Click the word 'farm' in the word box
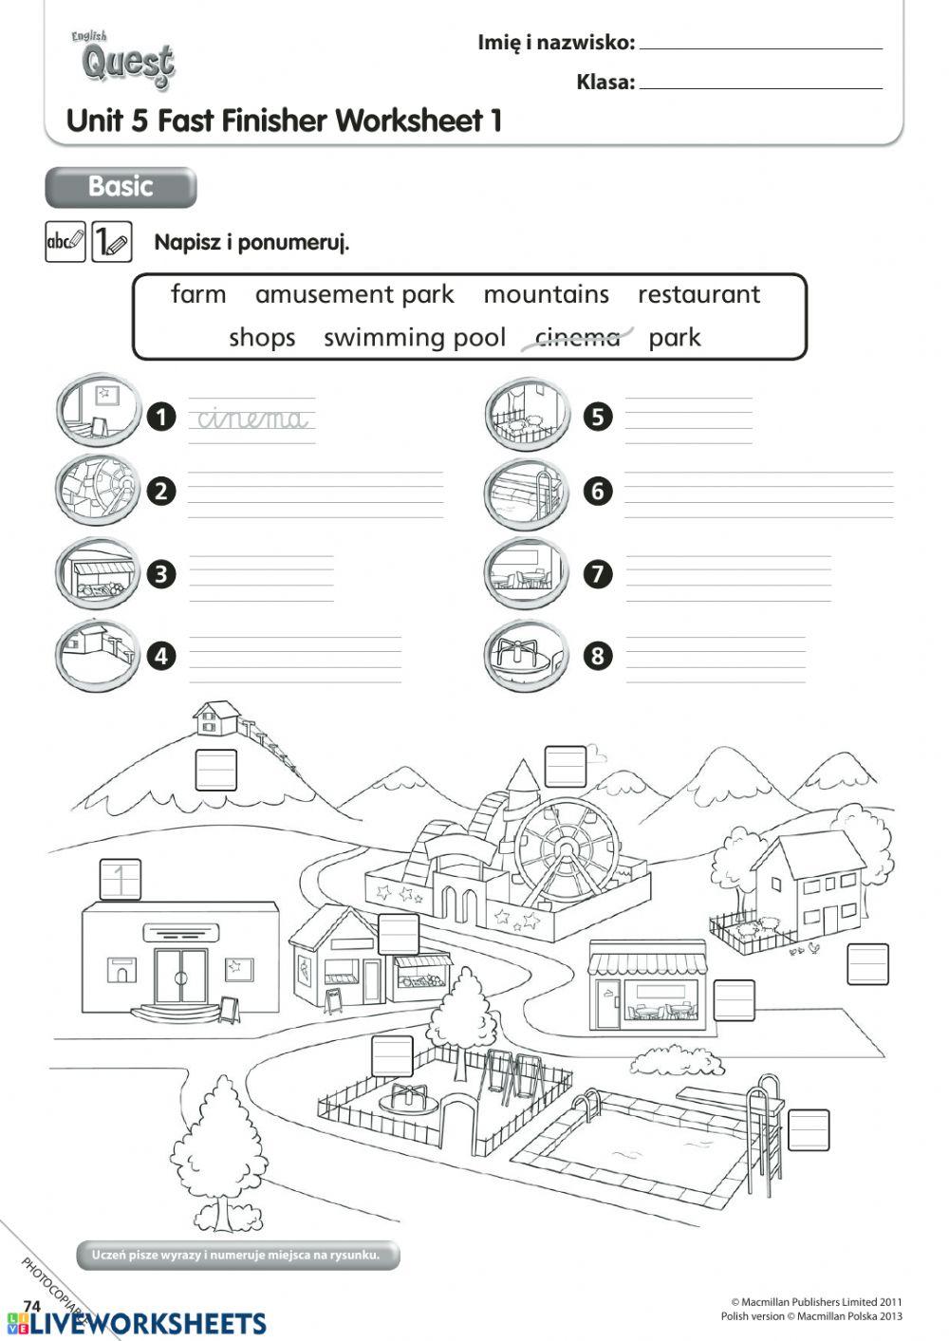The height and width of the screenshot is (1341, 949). pyautogui.click(x=198, y=294)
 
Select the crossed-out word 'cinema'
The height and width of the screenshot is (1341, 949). pyautogui.click(x=577, y=338)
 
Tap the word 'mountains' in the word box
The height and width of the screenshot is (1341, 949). pyautogui.click(x=546, y=294)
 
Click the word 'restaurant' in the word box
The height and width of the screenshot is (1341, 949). pyautogui.click(x=698, y=294)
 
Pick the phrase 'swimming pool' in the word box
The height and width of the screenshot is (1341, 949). pyautogui.click(x=414, y=338)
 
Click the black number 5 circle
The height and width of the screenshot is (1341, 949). pyautogui.click(x=598, y=417)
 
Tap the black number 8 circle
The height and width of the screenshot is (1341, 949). pyautogui.click(x=598, y=656)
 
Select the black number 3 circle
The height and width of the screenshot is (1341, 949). pyautogui.click(x=162, y=574)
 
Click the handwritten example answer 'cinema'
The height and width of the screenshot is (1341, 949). pyautogui.click(x=252, y=419)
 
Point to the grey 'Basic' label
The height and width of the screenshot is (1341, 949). pyautogui.click(x=121, y=187)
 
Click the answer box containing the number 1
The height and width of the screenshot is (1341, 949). pyautogui.click(x=121, y=880)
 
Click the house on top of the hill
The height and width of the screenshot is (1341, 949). pyautogui.click(x=217, y=717)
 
